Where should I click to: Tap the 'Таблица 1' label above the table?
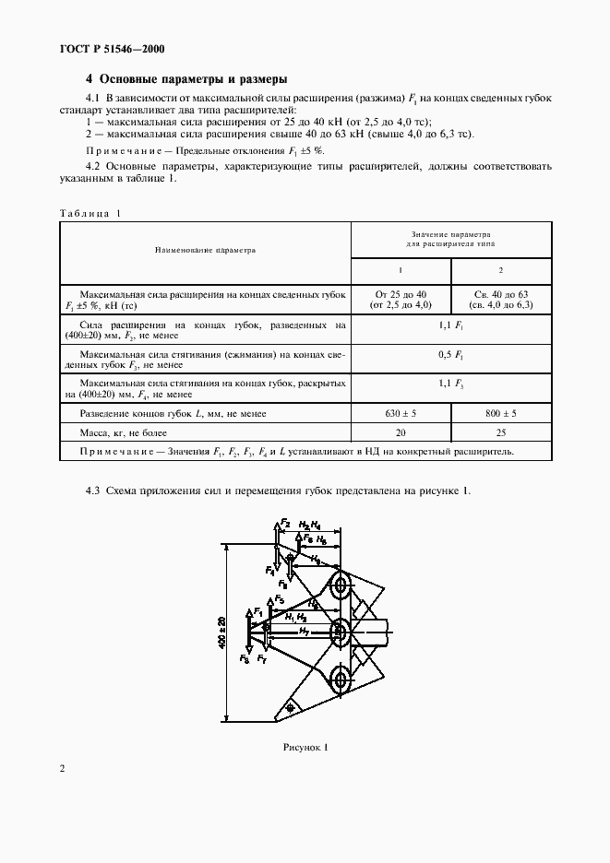(90, 213)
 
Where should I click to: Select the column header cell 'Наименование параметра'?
(205, 249)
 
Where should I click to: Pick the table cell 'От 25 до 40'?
(401, 292)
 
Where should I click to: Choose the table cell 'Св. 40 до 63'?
(501, 292)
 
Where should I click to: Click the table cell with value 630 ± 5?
(401, 414)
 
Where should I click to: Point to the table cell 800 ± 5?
(501, 414)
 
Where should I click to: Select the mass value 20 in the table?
(401, 432)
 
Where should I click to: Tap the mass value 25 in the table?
(501, 432)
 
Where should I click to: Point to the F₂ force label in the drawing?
(285, 523)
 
